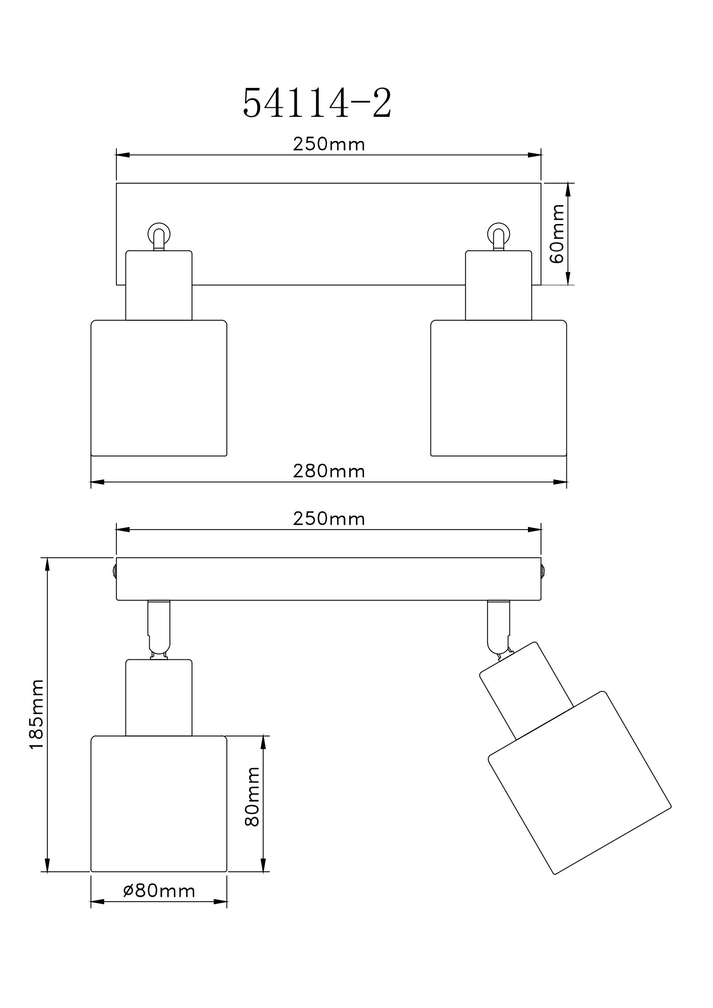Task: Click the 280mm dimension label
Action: click(329, 471)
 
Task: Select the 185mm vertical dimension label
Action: click(37, 714)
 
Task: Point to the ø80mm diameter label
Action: click(159, 891)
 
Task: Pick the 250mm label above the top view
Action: click(329, 144)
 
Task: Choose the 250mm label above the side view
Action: click(329, 519)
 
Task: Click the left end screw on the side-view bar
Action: click(114, 571)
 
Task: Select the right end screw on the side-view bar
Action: click(543, 571)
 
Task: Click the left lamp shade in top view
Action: click(159, 388)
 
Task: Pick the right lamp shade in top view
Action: click(498, 388)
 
